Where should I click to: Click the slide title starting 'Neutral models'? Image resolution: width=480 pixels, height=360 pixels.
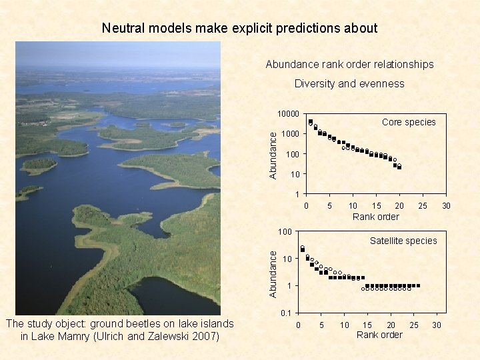coord(239,28)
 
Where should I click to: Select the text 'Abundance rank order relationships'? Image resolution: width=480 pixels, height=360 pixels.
coord(349,65)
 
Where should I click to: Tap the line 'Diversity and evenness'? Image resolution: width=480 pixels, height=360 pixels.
coord(349,84)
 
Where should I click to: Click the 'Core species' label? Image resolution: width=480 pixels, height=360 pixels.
coord(408,122)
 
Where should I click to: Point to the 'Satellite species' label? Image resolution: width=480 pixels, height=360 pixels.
coord(403,241)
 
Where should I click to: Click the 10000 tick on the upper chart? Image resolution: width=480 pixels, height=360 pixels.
coord(287,114)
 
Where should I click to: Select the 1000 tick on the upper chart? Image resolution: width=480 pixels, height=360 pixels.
coord(290,134)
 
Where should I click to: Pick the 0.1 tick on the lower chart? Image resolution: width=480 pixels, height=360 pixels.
coord(287,313)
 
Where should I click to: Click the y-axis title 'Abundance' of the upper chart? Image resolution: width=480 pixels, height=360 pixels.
coord(273,153)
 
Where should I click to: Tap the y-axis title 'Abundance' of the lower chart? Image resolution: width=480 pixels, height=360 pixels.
coord(273,272)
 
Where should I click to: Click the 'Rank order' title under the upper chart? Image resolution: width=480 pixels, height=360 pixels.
coord(375,217)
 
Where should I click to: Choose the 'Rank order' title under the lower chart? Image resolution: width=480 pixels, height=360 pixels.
coord(379,335)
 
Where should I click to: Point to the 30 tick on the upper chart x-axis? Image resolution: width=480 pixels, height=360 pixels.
coord(447,206)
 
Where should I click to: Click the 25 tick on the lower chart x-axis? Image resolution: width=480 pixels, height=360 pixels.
coord(414,325)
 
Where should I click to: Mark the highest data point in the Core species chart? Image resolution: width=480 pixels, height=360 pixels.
coord(311,122)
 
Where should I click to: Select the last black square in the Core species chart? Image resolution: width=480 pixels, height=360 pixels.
coord(399,167)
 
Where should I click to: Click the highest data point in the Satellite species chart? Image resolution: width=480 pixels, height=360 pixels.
coord(302,249)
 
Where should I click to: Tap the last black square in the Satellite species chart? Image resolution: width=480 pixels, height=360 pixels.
coord(418,285)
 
